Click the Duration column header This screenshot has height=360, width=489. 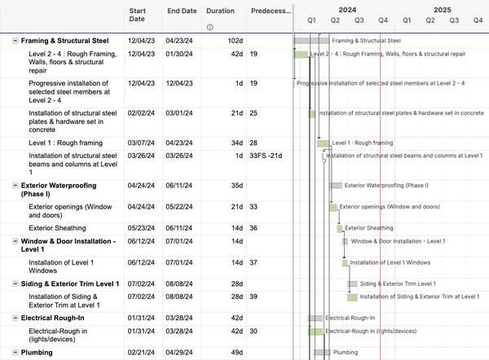(220, 11)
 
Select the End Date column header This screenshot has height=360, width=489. (182, 11)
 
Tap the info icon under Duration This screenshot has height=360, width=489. (210, 27)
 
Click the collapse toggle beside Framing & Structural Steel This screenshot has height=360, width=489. (15, 41)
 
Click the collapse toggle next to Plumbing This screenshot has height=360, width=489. (15, 352)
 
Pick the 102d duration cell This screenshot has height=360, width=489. (236, 41)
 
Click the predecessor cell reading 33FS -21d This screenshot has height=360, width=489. (266, 156)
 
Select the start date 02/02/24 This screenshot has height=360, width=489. (141, 113)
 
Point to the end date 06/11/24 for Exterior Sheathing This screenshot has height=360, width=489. (179, 228)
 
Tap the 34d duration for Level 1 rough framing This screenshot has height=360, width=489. (237, 143)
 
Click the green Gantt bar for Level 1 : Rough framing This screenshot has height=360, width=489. (323, 143)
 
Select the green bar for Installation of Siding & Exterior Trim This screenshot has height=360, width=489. (352, 297)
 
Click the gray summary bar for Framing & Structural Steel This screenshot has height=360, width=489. (311, 41)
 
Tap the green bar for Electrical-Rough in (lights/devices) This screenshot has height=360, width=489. (315, 331)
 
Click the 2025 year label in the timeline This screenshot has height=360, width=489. (443, 10)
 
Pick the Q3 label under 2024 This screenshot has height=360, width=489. (359, 20)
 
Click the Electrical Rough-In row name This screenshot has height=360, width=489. (53, 318)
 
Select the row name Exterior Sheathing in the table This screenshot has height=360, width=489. (57, 228)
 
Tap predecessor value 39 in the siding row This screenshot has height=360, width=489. (253, 296)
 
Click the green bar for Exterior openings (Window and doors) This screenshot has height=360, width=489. (333, 207)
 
